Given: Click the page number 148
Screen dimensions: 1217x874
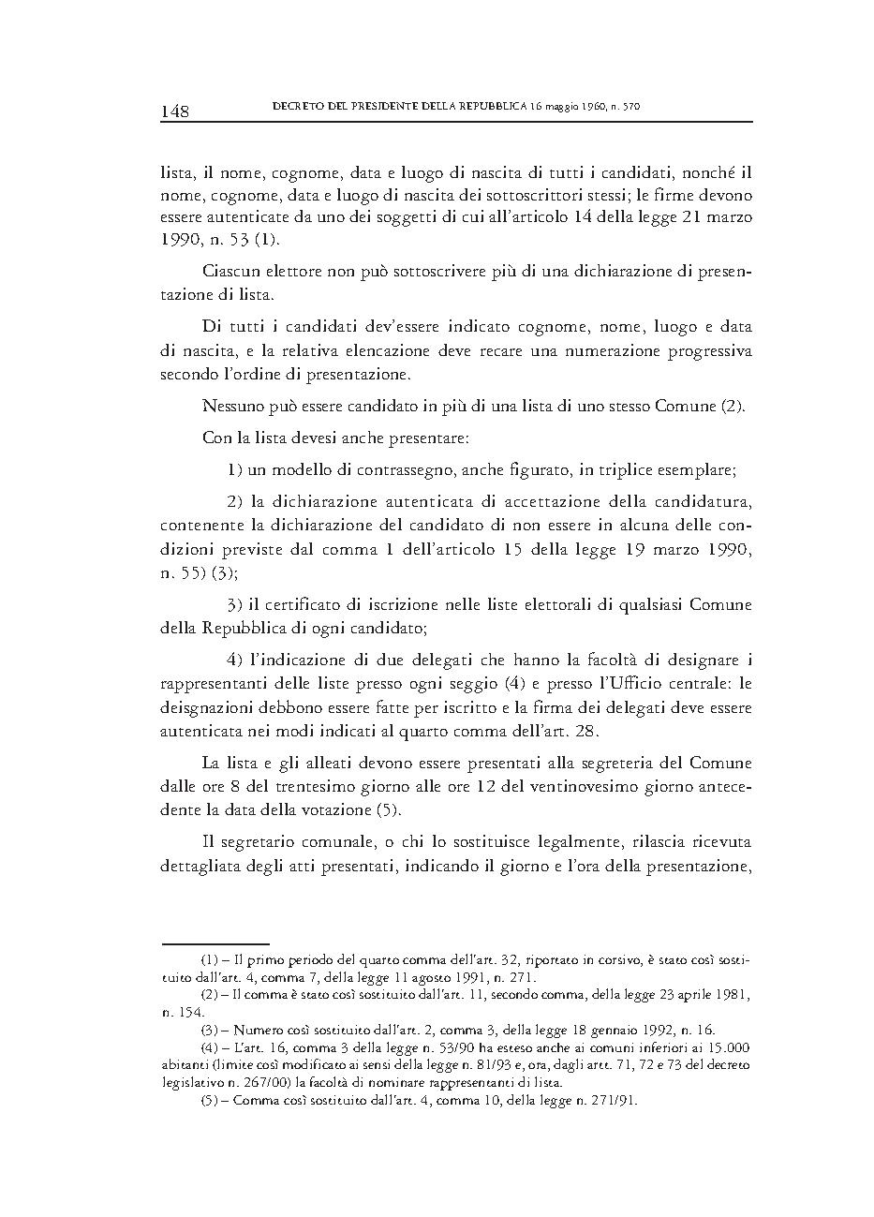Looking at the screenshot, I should (x=175, y=111).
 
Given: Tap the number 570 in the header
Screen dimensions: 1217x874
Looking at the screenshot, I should (x=630, y=108).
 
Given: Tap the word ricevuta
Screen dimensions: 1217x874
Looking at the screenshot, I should (x=719, y=843).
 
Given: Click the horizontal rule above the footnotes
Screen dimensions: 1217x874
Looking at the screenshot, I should (x=215, y=943).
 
